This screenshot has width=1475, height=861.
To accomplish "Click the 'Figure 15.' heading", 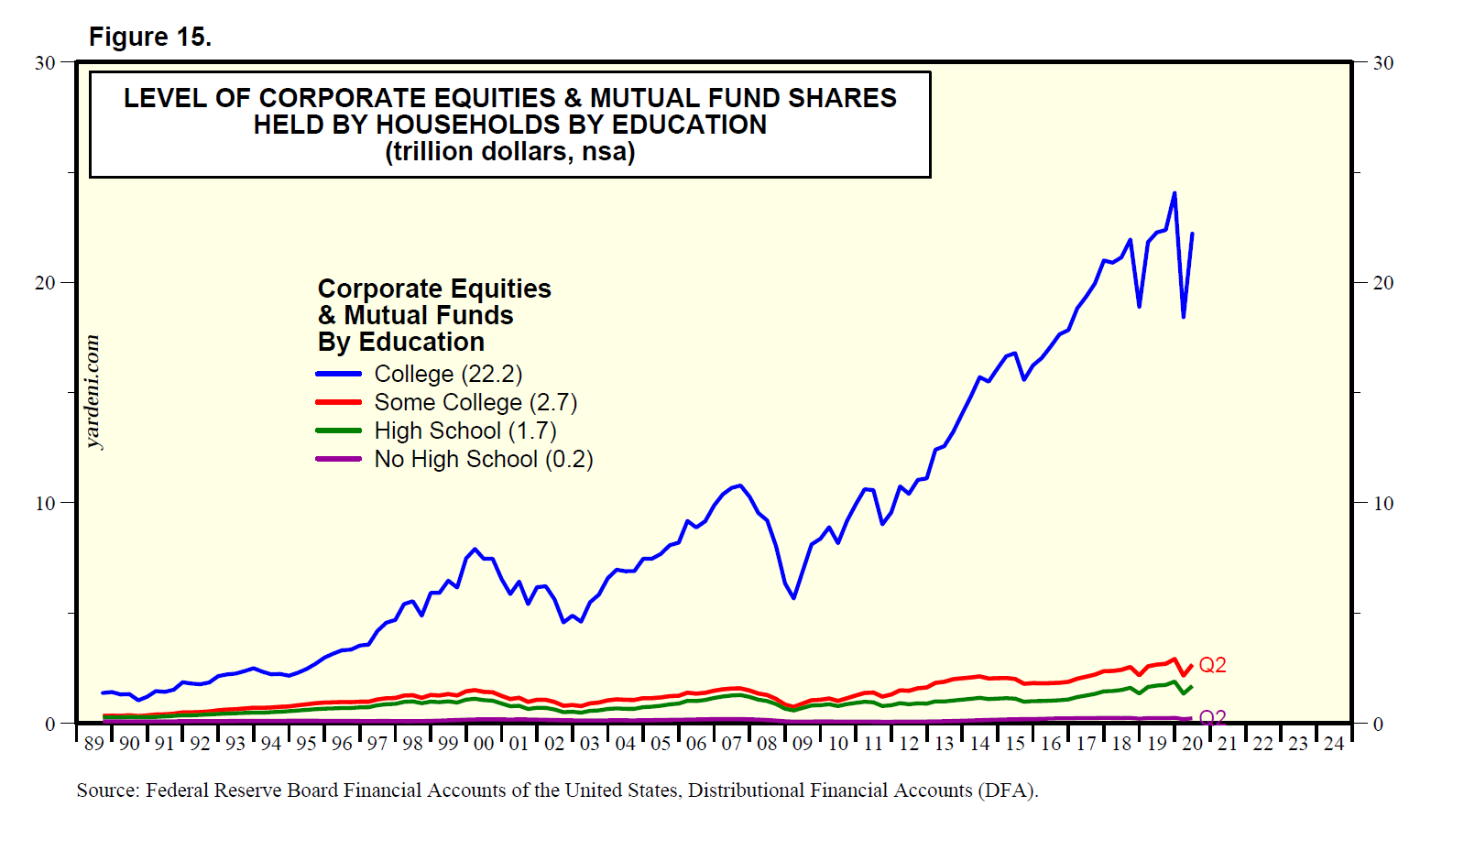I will [x=150, y=37].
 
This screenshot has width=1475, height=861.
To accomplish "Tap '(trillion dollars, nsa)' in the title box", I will [x=509, y=151].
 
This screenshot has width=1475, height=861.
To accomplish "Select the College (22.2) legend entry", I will [x=447, y=374].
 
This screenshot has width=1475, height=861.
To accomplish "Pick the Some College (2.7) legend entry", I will [x=475, y=402].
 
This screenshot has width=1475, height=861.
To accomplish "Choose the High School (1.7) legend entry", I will [x=464, y=430].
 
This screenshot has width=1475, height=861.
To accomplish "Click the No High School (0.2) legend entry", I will [x=483, y=459].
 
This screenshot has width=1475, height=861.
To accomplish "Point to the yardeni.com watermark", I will [x=93, y=392].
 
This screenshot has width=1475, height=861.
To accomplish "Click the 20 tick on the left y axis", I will [x=45, y=283].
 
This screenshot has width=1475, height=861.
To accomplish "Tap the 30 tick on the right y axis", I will [x=1383, y=63].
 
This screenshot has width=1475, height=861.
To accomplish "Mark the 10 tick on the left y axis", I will [x=45, y=504].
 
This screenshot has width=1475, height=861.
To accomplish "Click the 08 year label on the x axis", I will [x=767, y=744].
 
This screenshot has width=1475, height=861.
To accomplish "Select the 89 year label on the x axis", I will [x=93, y=744].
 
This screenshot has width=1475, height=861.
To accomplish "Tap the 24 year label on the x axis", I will [x=1334, y=744].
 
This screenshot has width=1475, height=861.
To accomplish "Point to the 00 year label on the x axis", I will [x=484, y=744].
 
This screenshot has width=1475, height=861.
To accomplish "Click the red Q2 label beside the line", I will [x=1212, y=665].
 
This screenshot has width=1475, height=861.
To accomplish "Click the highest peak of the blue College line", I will [x=1175, y=193].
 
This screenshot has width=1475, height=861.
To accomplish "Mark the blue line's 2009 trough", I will [x=793, y=597].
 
